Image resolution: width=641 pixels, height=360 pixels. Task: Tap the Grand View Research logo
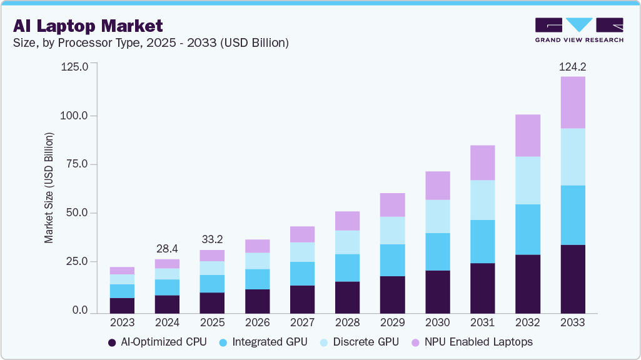pos(578,30)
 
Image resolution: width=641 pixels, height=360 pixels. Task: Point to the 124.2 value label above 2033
pos(572,66)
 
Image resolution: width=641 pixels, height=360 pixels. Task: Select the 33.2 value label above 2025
pos(212,239)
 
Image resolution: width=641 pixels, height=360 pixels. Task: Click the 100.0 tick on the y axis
pos(75,116)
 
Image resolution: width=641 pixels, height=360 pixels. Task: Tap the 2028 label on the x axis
pos(347,322)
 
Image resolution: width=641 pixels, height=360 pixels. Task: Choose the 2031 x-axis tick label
pos(482,322)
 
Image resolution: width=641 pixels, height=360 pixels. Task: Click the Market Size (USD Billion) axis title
pos(49,187)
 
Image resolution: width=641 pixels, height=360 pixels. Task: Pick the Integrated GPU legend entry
pos(263,342)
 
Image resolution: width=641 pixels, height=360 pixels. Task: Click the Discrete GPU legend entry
pos(358,342)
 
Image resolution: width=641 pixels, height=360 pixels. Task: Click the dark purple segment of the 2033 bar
pos(572,279)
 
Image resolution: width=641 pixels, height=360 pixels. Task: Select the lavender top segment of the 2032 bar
pos(527,135)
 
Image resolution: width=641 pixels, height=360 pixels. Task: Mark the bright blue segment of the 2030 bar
pos(437,252)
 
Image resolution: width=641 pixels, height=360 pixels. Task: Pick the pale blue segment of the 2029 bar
pos(392,231)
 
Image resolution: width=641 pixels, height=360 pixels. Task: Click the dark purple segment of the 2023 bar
pos(122,306)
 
